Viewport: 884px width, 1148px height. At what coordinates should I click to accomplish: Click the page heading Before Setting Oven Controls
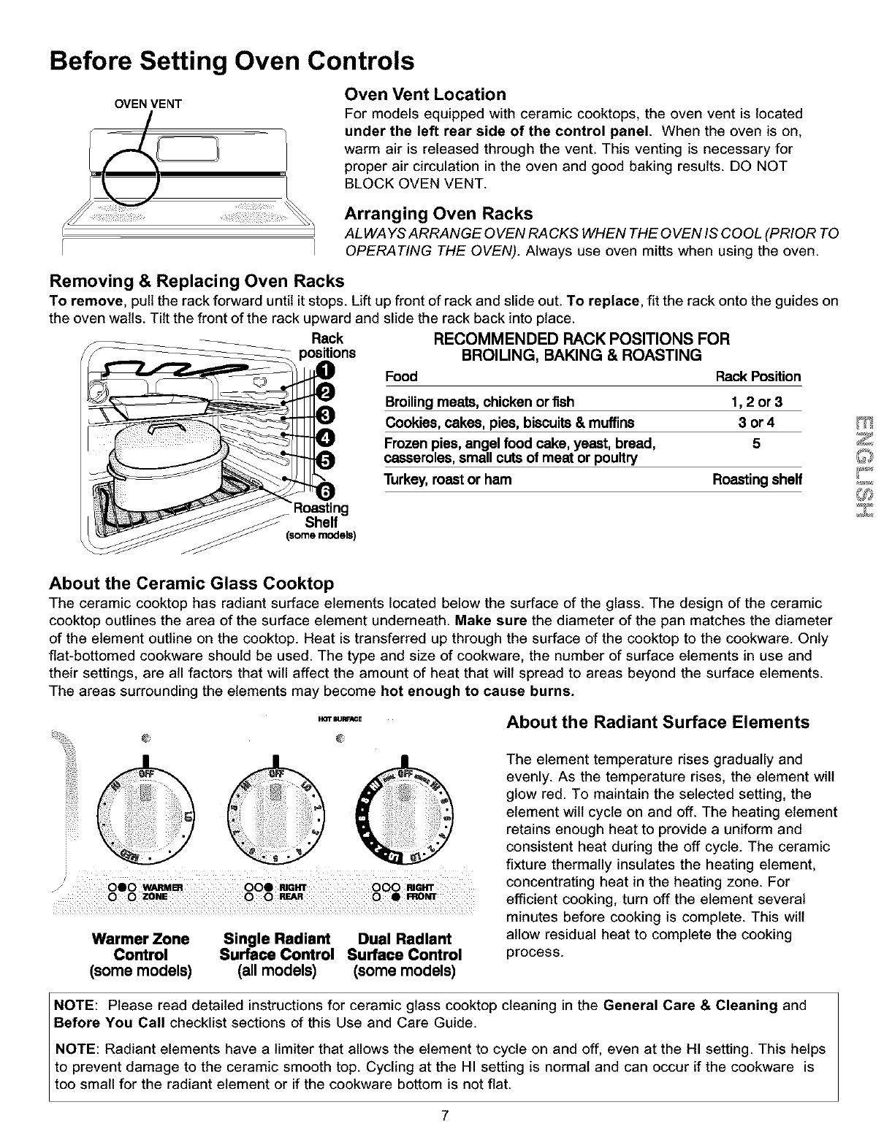pyautogui.click(x=232, y=60)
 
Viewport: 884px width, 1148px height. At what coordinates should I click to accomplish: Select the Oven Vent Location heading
pyautogui.click(x=424, y=95)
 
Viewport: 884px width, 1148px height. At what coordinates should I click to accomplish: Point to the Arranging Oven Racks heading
pyautogui.click(x=438, y=214)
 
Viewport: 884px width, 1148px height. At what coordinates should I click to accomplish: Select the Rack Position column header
pyautogui.click(x=758, y=377)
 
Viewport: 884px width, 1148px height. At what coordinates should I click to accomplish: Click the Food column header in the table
pyautogui.click(x=401, y=377)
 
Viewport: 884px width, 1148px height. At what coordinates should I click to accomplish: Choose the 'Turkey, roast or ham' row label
pyautogui.click(x=448, y=480)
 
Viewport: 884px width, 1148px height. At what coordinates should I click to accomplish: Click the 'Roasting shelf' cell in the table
pyautogui.click(x=757, y=480)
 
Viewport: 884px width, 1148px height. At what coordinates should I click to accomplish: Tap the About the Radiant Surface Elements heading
pyautogui.click(x=658, y=723)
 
